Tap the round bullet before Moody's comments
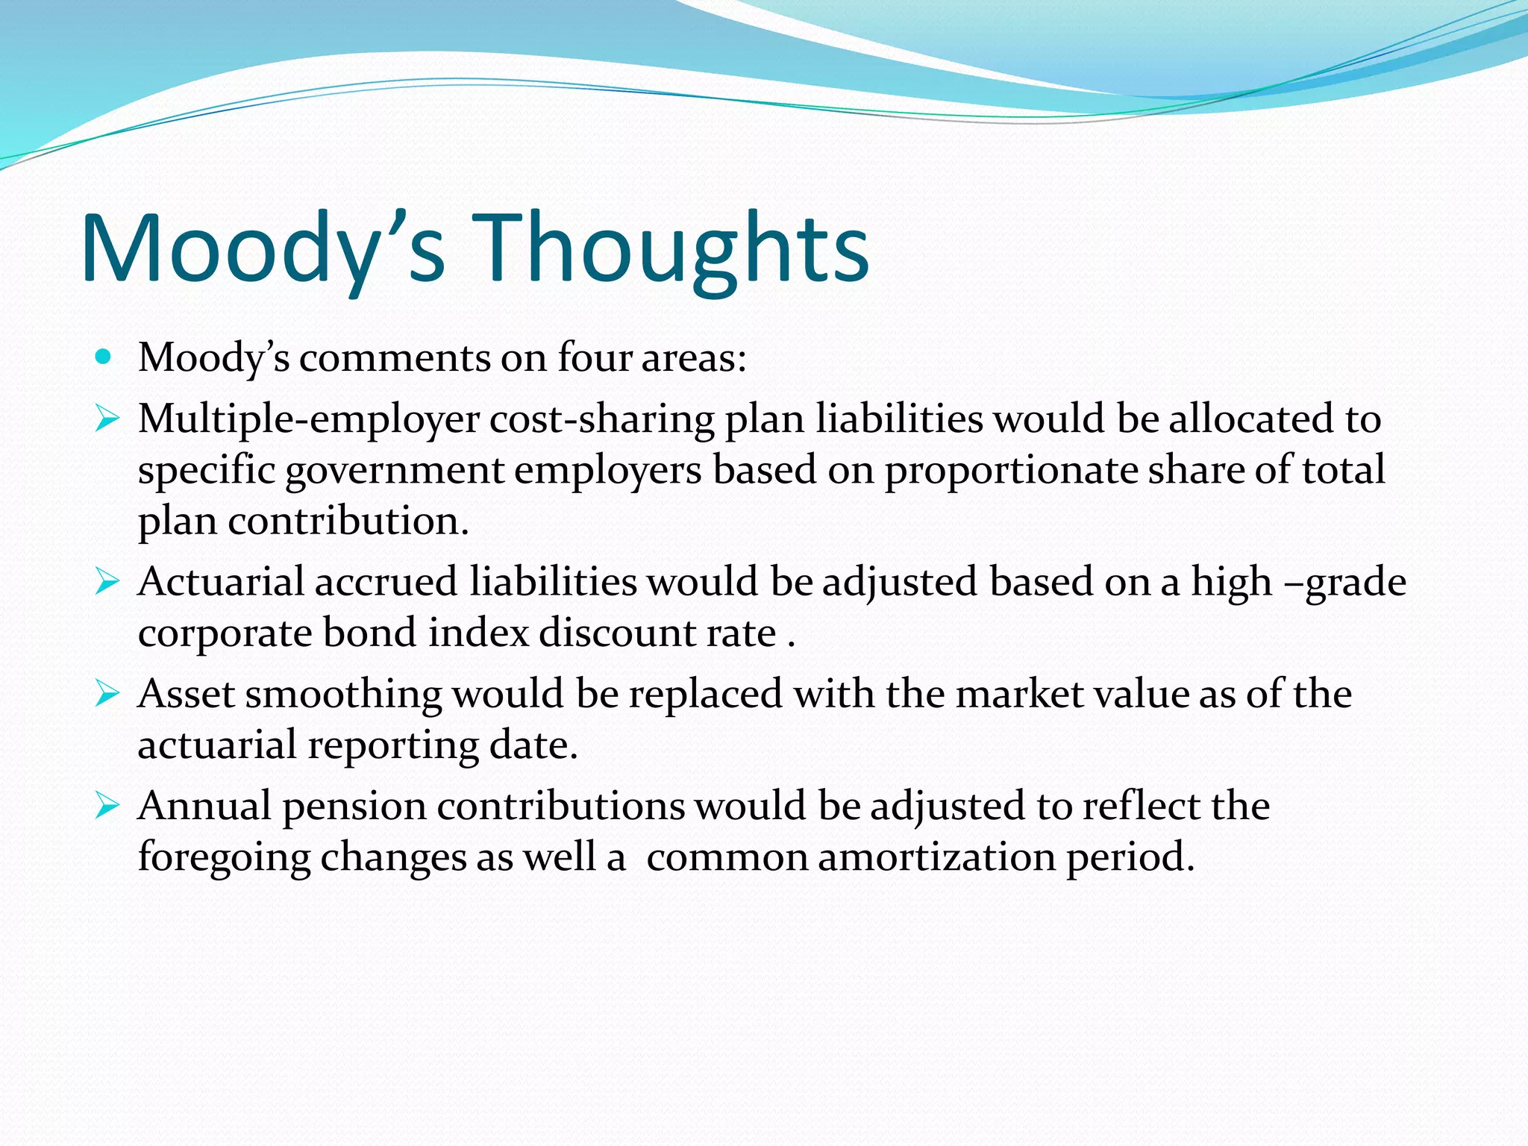104,357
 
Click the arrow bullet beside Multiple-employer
107,419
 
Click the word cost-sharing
602,419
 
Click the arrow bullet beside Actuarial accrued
107,581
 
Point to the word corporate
225,633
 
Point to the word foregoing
224,858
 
